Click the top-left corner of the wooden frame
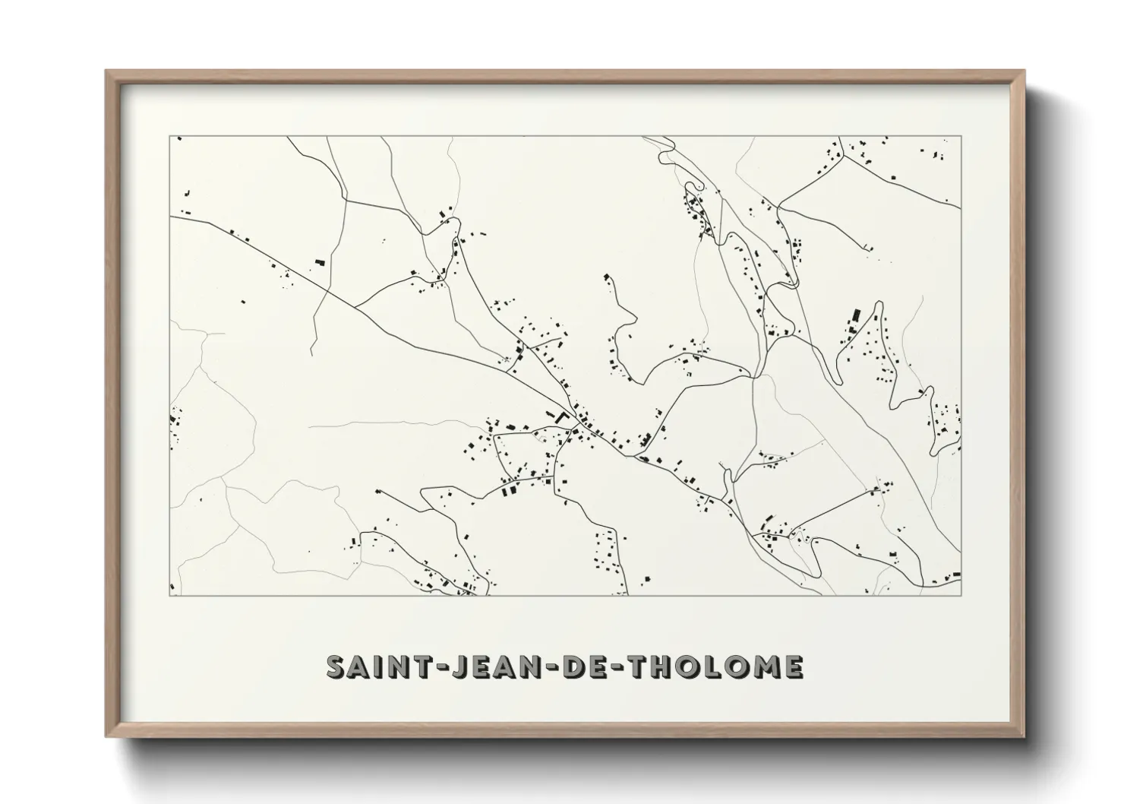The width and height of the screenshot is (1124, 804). tap(106, 71)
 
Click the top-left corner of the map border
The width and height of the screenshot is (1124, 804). tap(169, 137)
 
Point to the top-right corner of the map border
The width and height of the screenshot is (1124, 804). tap(961, 137)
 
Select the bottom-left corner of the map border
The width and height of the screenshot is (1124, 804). tap(169, 596)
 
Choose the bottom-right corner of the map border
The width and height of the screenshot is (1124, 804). tap(961, 596)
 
